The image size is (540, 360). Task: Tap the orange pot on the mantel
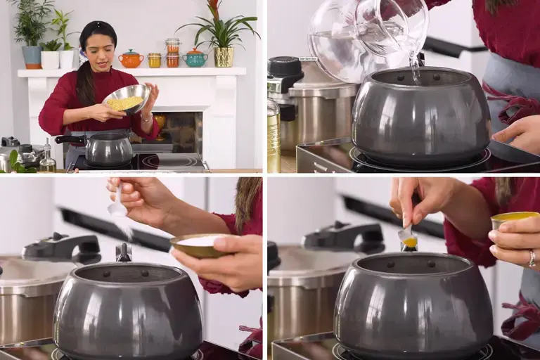[130, 59]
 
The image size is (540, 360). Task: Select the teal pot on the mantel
[195, 58]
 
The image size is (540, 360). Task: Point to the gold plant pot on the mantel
[224, 57]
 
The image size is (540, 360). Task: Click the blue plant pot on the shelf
[32, 56]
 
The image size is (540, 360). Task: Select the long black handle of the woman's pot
[70, 139]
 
